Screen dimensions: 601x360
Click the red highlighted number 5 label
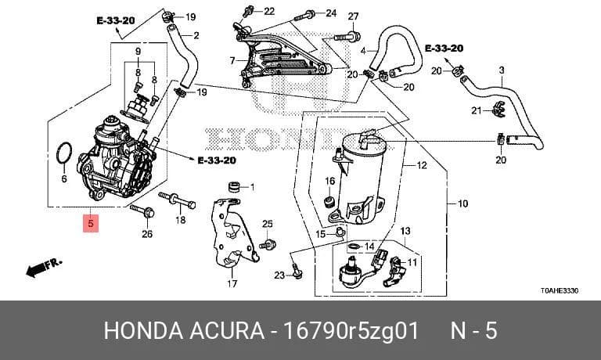[x=91, y=223]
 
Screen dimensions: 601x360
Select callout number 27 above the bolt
[x=353, y=16]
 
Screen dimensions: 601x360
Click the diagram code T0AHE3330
[x=560, y=290]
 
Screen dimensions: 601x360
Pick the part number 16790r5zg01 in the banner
[x=351, y=331]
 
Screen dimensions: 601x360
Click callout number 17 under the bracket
[x=232, y=284]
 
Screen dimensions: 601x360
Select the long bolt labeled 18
[x=177, y=200]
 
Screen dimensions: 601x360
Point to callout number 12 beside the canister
[x=422, y=165]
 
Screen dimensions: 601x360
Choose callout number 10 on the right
[x=462, y=203]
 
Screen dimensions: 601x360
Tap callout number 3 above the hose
[x=502, y=70]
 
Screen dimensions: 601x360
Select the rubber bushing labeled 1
[x=235, y=188]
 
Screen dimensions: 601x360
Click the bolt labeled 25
[x=268, y=244]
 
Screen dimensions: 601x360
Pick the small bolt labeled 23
[x=297, y=270]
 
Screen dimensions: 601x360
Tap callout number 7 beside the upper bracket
[x=232, y=60]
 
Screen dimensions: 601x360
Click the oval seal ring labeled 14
[x=355, y=247]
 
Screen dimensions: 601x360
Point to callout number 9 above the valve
[x=138, y=51]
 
